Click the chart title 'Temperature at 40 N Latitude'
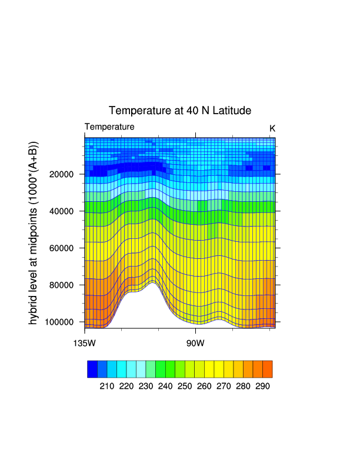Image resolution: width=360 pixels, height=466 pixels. tap(180, 111)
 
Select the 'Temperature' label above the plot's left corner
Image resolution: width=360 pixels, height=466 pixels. tap(109, 127)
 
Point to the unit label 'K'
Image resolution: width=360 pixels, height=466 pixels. tap(272, 128)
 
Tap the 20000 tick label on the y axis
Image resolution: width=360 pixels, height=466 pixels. tap(61, 174)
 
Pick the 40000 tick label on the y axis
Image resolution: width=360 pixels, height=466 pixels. tap(61, 211)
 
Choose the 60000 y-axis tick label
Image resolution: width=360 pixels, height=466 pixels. tap(61, 248)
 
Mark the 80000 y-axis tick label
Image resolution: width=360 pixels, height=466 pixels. tap(61, 285)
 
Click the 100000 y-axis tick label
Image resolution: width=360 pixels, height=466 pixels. tap(58, 322)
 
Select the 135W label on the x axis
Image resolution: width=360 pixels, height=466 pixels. tap(85, 343)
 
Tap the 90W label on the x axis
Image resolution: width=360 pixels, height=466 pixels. tap(195, 343)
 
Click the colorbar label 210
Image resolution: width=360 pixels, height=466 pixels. tap(106, 387)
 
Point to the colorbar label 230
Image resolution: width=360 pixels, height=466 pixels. tap(145, 387)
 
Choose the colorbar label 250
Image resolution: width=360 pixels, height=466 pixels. tap(185, 387)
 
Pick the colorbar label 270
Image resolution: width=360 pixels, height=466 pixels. tap(224, 387)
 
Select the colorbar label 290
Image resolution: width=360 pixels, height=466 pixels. tap(262, 387)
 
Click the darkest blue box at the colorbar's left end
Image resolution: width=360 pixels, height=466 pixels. tap(92, 369)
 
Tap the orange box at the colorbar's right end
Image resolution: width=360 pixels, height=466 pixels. tap(268, 369)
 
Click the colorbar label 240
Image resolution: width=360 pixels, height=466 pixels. tap(165, 387)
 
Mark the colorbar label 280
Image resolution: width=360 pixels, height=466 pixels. tap(243, 387)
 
